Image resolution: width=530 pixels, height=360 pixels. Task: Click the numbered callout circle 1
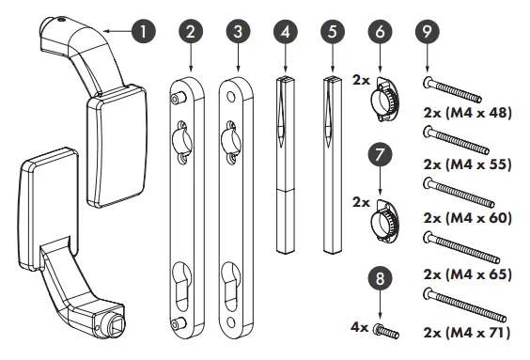pos(143,31)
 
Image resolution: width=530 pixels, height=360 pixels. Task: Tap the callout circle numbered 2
pos(191,31)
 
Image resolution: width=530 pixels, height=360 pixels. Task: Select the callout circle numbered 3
pos(237,31)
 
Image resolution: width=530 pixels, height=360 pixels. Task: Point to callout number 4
pos(286,31)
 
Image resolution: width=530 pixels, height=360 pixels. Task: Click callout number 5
pos(333,31)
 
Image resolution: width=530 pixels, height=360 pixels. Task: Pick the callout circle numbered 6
pos(382,31)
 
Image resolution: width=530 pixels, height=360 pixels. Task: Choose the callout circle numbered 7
pos(382,151)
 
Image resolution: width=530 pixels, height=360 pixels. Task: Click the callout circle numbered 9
pos(429,31)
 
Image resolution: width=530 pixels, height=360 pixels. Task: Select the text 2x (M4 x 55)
pos(468,164)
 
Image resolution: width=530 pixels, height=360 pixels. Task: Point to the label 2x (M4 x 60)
pos(468,217)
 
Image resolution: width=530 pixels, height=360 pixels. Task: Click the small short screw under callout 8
pos(385,331)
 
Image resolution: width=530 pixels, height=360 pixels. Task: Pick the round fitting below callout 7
pos(384,220)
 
